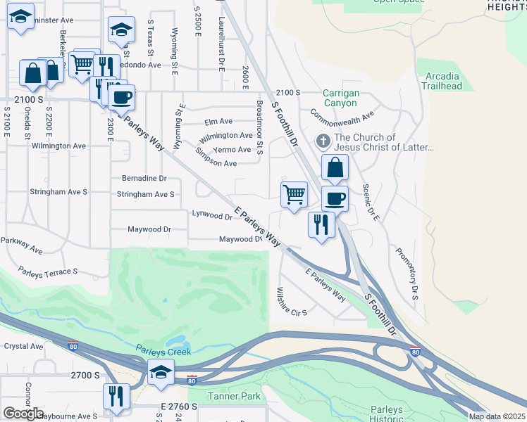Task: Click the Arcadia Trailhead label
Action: [442, 81]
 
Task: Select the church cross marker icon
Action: [323, 141]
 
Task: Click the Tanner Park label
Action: [234, 396]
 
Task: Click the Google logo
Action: [23, 414]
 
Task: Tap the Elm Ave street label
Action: [218, 121]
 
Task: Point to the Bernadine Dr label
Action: [144, 179]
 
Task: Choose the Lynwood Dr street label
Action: [212, 216]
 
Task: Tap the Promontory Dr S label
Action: [407, 274]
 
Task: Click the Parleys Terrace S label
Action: [47, 271]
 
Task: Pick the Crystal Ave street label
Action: [23, 346]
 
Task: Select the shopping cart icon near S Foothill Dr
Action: [294, 193]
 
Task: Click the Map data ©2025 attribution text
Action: [496, 416]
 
